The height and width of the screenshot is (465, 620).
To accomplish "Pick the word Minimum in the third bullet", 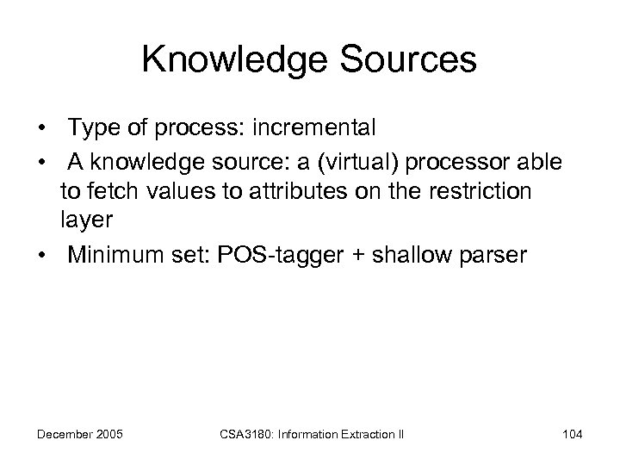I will coord(112,255).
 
